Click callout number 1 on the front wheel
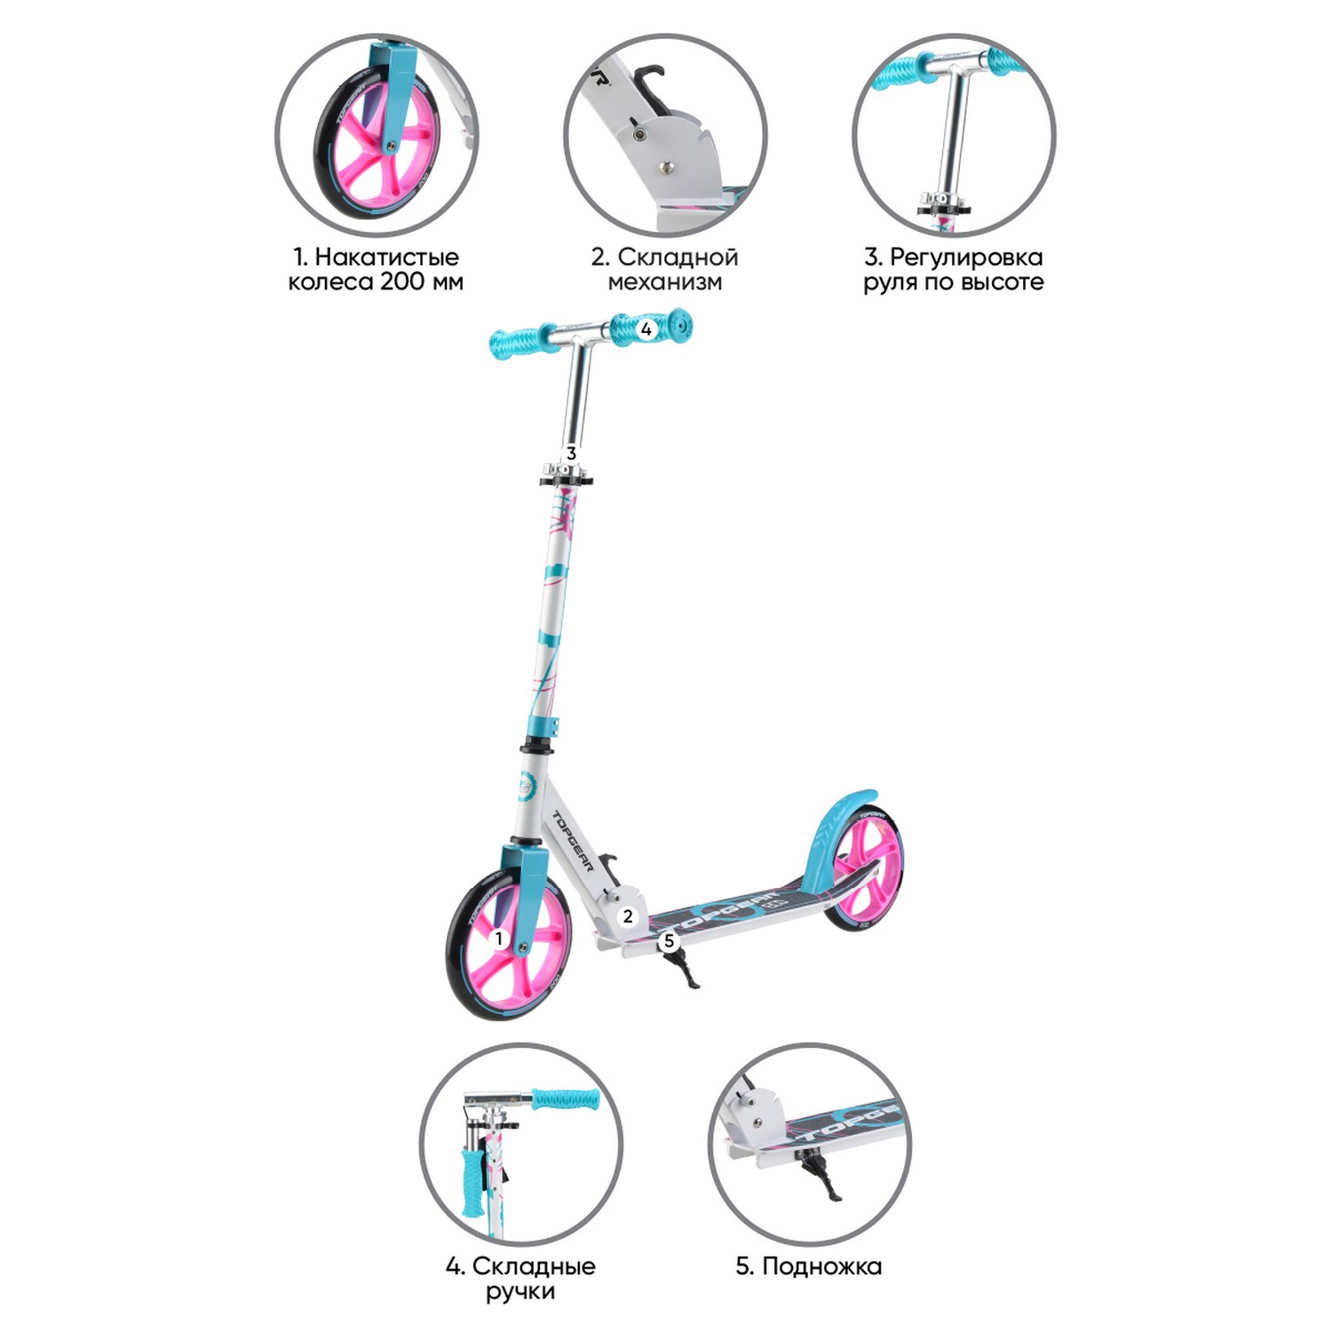(x=499, y=938)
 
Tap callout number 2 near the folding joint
(x=628, y=916)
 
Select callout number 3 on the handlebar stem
(x=571, y=453)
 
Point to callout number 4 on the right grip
(x=646, y=329)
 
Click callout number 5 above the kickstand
(x=669, y=941)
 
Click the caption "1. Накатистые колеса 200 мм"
(x=376, y=269)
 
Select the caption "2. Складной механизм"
(x=665, y=269)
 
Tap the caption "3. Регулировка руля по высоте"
(x=953, y=269)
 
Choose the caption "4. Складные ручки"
(x=520, y=1278)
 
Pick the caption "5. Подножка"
(x=808, y=1266)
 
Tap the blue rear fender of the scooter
(x=830, y=821)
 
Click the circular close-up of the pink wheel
(x=376, y=135)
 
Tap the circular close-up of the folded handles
(x=520, y=1143)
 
